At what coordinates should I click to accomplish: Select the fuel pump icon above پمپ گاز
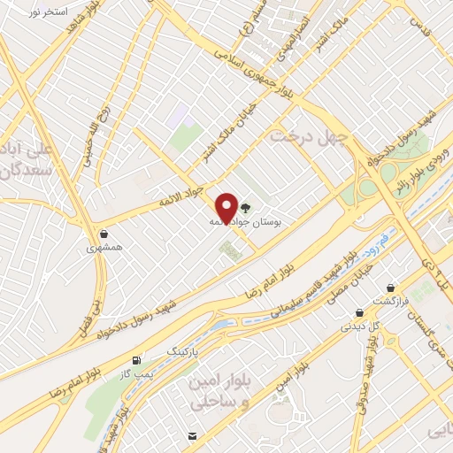[x=135, y=361]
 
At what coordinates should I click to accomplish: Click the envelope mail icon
[x=192, y=435]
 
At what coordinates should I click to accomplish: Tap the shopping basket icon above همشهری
[x=105, y=234]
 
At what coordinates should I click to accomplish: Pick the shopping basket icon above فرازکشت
[x=391, y=287]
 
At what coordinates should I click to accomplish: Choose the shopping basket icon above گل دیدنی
[x=359, y=311]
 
